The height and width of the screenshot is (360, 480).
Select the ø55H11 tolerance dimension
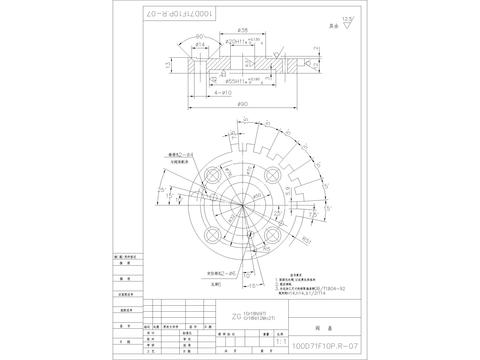(x=239, y=76)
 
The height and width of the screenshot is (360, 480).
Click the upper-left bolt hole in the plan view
(x=212, y=176)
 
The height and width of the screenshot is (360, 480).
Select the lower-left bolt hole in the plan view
(x=212, y=235)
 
